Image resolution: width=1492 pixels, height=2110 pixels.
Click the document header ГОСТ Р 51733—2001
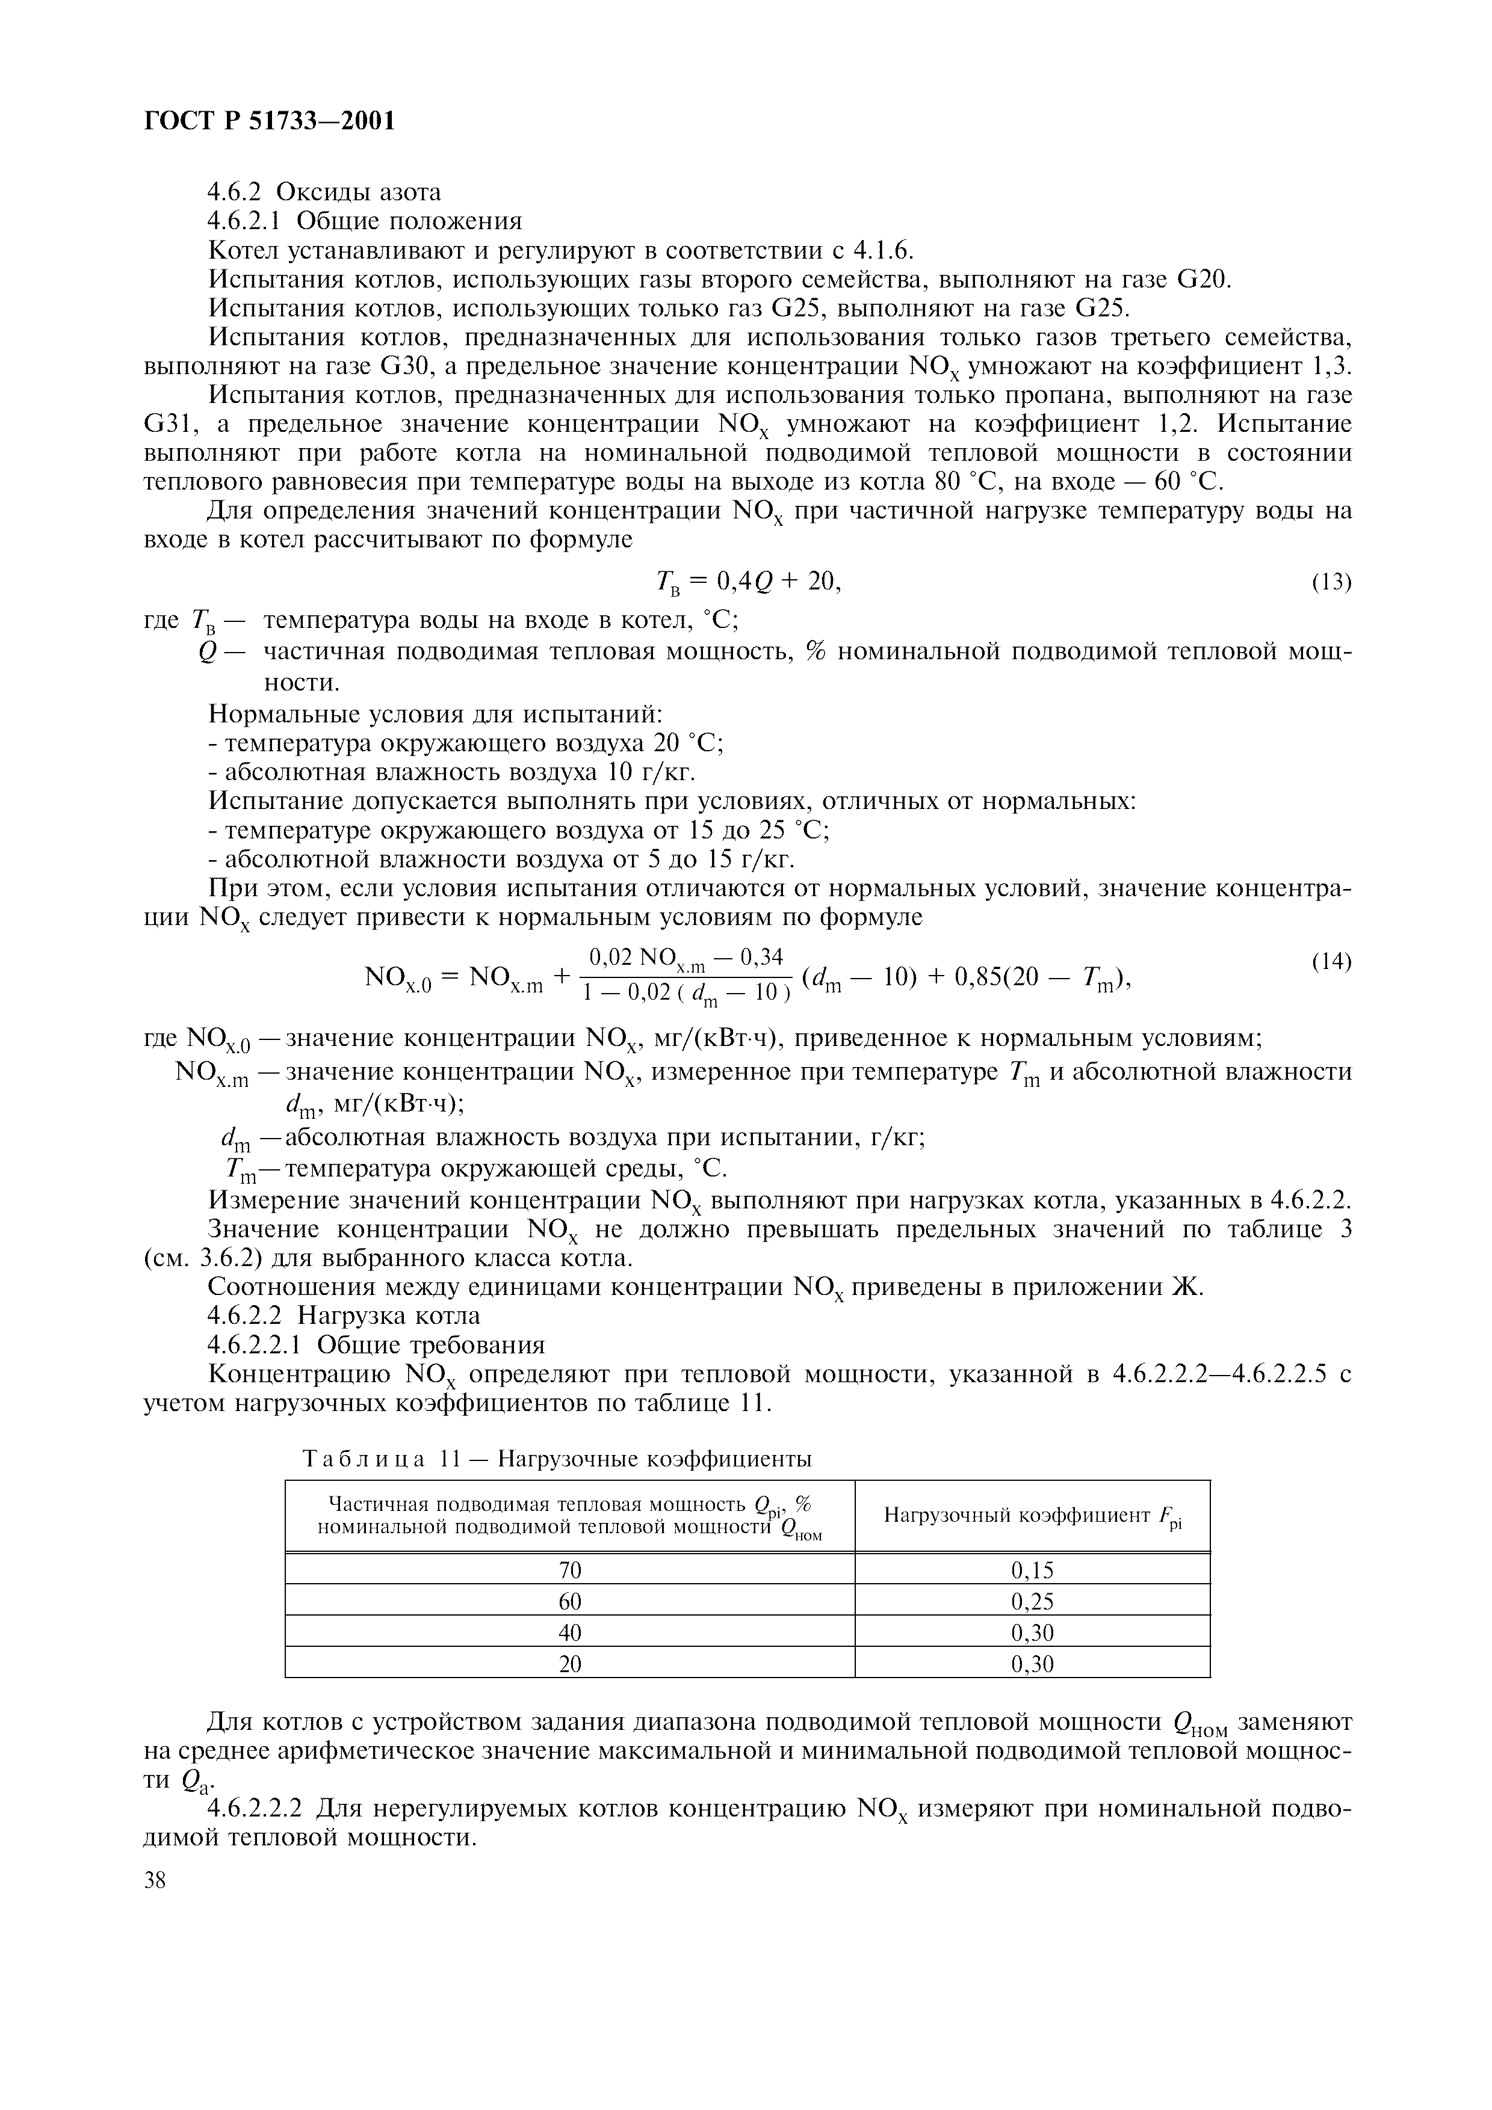(x=270, y=120)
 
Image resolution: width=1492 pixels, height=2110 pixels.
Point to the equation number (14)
(x=1331, y=962)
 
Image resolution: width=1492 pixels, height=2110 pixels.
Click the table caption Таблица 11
(x=556, y=1459)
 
